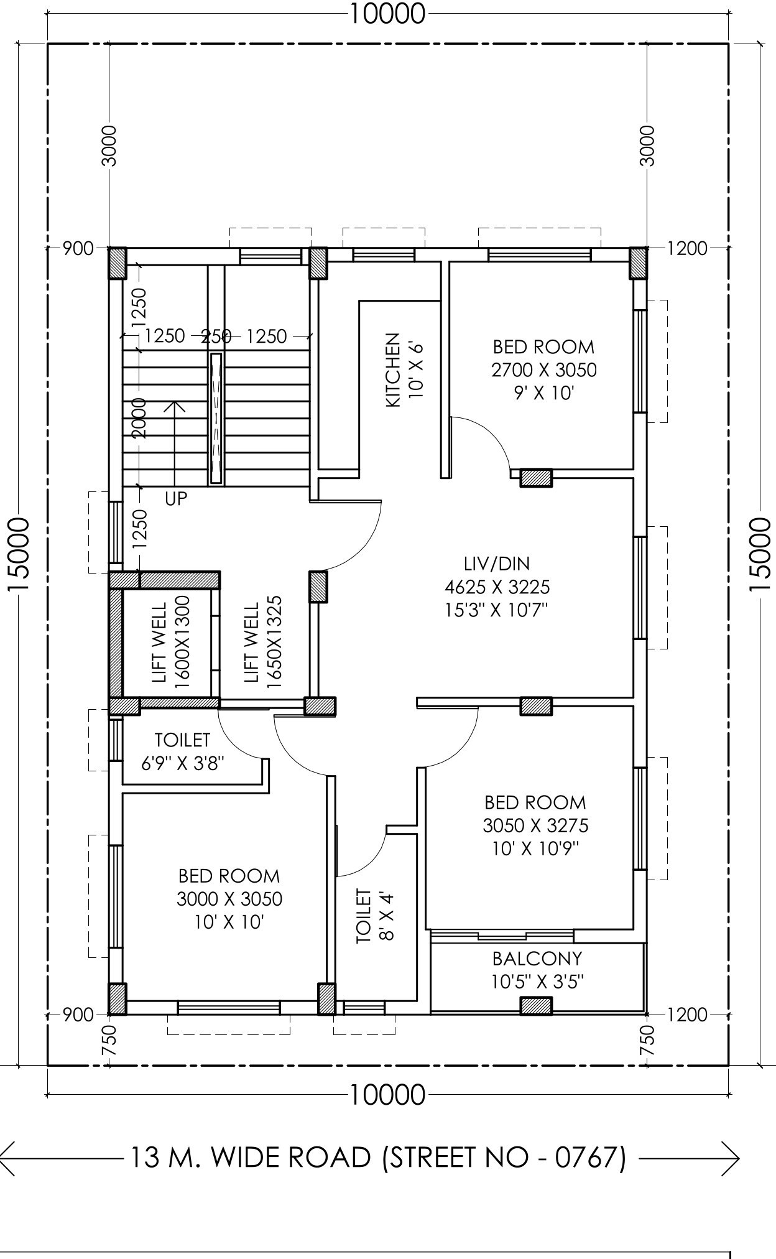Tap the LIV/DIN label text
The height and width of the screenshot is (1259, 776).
point(497,564)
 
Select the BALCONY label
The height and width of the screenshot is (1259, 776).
point(537,958)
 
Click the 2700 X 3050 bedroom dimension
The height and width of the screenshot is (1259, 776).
point(544,370)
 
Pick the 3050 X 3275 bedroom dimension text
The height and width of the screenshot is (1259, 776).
point(535,825)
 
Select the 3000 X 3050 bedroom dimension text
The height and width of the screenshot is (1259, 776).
point(229,899)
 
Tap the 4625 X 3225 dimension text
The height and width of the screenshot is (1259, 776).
point(497,587)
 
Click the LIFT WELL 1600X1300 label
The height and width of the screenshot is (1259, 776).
point(171,642)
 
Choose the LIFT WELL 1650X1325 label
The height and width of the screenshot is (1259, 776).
point(262,642)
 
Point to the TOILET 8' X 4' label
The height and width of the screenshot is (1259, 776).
point(376,916)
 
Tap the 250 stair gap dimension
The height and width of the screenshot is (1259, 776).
point(216,337)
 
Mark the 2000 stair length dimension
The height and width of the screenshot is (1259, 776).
point(139,418)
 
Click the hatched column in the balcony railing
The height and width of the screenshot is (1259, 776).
point(536,1006)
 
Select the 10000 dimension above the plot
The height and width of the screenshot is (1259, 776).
point(387,13)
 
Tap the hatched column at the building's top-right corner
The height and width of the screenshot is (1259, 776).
point(639,264)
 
